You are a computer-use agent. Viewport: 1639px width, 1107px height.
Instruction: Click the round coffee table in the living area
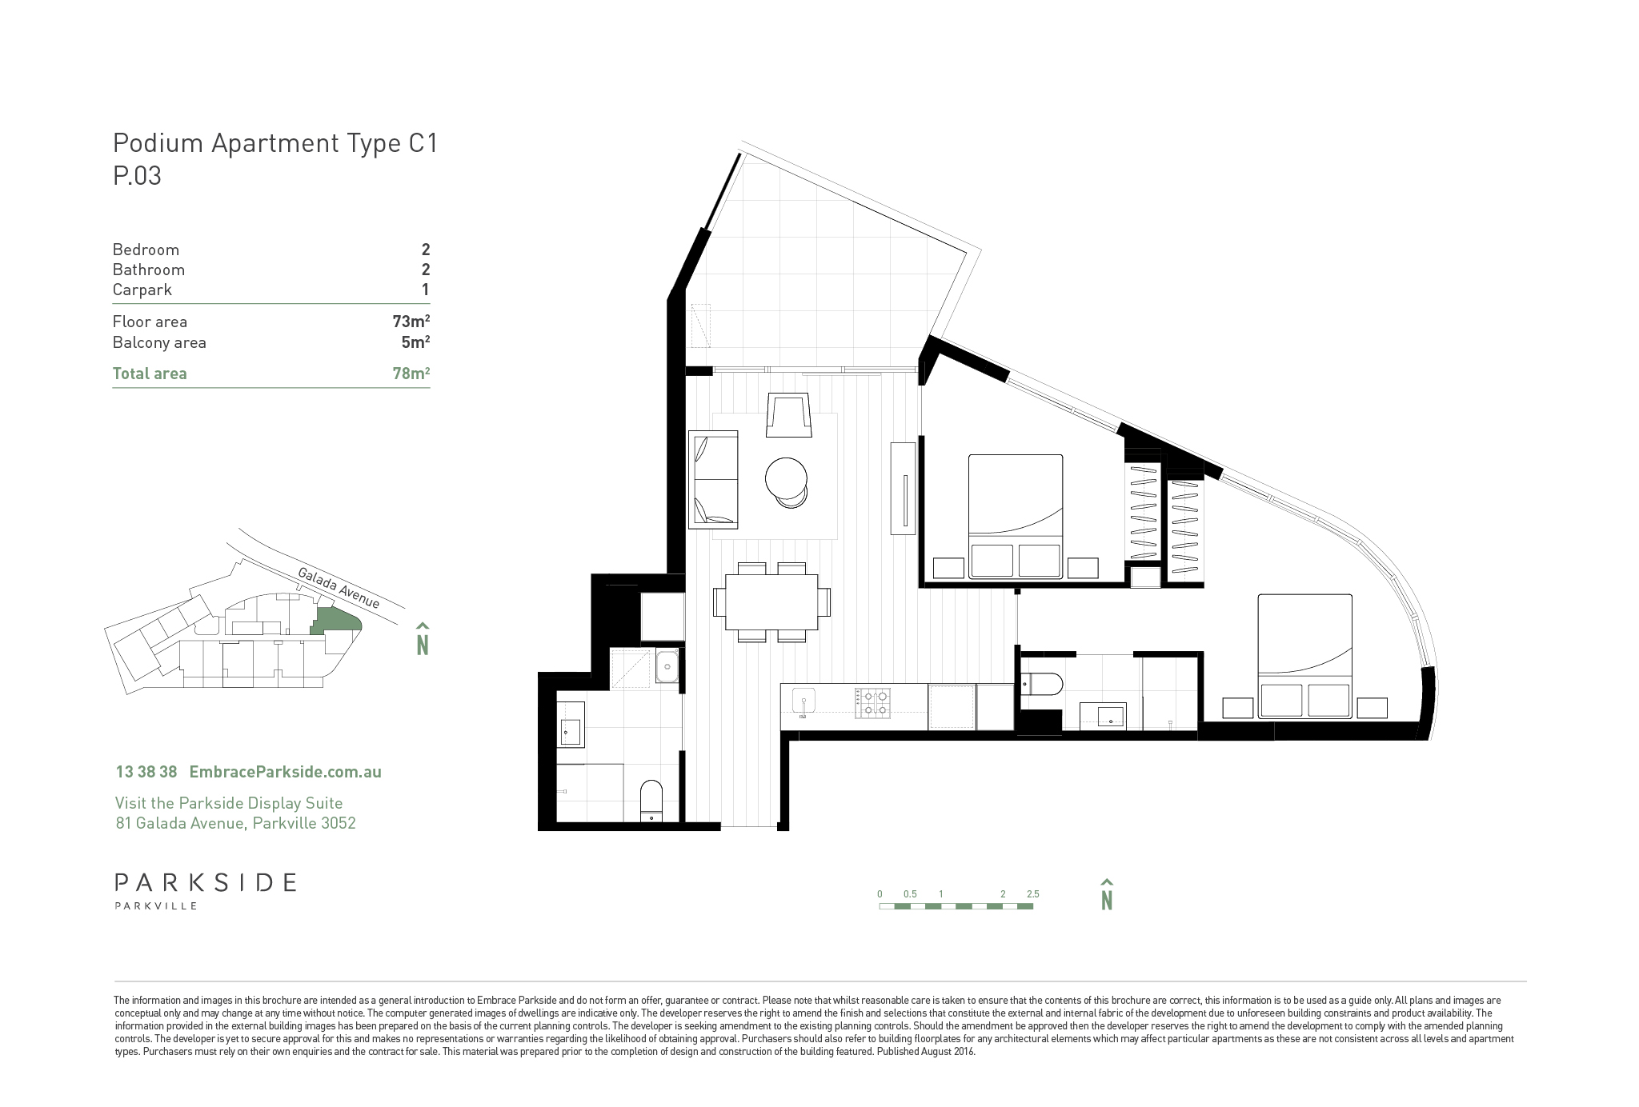coord(787,478)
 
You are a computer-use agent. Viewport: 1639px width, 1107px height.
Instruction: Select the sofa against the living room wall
coord(713,479)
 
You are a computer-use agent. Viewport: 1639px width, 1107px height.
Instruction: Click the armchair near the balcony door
coord(789,415)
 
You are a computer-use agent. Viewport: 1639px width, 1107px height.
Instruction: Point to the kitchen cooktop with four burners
coord(872,701)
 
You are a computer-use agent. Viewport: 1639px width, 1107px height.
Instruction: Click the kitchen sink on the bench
coord(802,705)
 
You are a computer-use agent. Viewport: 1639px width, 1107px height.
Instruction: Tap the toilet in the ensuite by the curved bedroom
coord(1041,684)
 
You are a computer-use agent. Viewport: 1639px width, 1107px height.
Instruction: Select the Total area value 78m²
coord(411,374)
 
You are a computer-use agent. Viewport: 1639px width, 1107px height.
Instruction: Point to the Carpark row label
coord(142,290)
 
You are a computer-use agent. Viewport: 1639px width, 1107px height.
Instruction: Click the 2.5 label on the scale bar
coord(1032,894)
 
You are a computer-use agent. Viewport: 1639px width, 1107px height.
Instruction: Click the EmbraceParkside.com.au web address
coord(285,772)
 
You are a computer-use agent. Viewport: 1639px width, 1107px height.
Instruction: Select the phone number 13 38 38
coord(146,772)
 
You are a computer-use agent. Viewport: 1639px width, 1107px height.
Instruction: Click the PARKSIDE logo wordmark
coord(206,883)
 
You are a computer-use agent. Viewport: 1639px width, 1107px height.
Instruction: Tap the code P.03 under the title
coord(137,175)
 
